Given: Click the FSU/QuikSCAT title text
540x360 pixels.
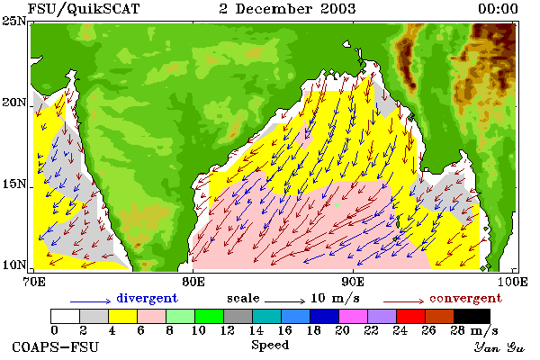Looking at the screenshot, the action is tap(84, 9).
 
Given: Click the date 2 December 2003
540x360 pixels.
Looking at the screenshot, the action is tap(287, 9).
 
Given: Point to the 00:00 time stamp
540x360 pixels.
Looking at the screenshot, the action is tap(498, 9).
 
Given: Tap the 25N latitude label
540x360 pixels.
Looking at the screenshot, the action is tap(14, 22).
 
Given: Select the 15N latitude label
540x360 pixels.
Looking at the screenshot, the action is tap(14, 184).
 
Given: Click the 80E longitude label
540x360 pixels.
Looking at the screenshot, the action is tap(193, 282).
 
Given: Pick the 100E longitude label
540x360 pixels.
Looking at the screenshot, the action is tap(513, 282).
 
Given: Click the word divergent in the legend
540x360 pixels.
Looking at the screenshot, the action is tap(147, 298).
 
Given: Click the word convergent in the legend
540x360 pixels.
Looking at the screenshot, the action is tap(465, 298).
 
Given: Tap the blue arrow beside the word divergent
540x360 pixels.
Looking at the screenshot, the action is tap(91, 301).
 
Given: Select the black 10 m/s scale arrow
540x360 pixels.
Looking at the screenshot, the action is tap(284, 301).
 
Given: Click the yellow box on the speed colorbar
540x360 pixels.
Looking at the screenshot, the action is tap(122, 316).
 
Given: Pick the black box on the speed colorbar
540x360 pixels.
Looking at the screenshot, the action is tap(472, 316).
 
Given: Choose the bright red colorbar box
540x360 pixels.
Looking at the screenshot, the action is tap(410, 316).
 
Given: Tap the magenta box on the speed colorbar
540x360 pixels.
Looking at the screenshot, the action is tap(353, 316).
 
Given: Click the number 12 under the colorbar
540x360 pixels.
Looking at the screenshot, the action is tap(228, 330).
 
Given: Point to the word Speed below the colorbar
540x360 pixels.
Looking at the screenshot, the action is tap(270, 346).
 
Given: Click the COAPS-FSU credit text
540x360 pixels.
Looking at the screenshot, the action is tap(56, 346).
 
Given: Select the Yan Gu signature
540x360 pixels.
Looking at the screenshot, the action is tap(499, 347).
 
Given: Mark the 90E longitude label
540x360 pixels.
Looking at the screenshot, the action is tap(353, 282).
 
